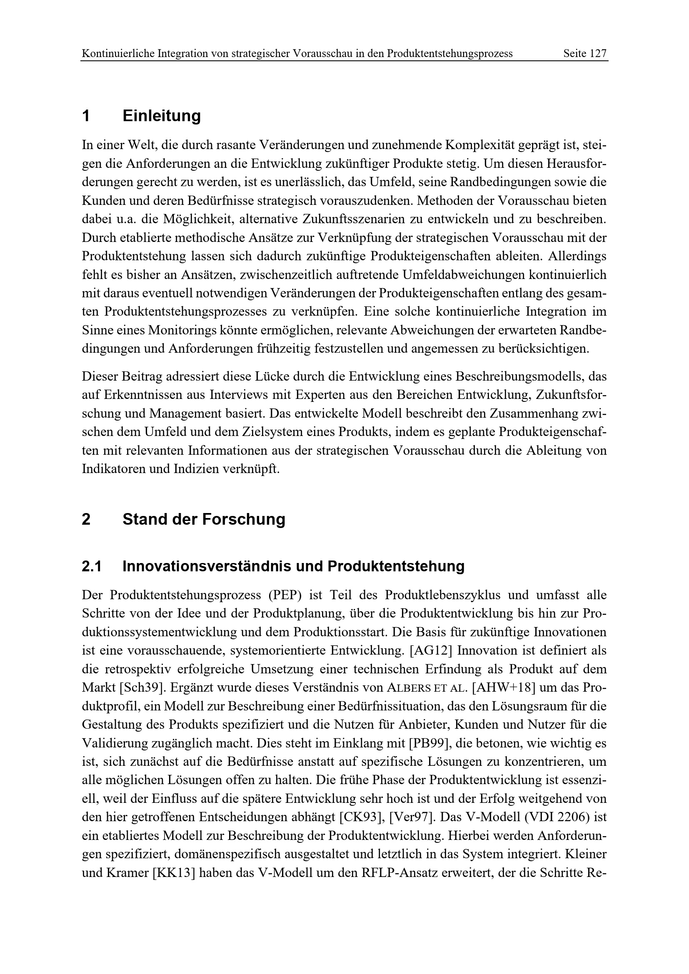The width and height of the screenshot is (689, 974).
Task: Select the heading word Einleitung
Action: (162, 115)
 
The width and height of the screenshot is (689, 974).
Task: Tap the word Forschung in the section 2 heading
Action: (244, 519)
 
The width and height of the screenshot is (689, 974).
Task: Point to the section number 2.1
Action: (92, 566)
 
